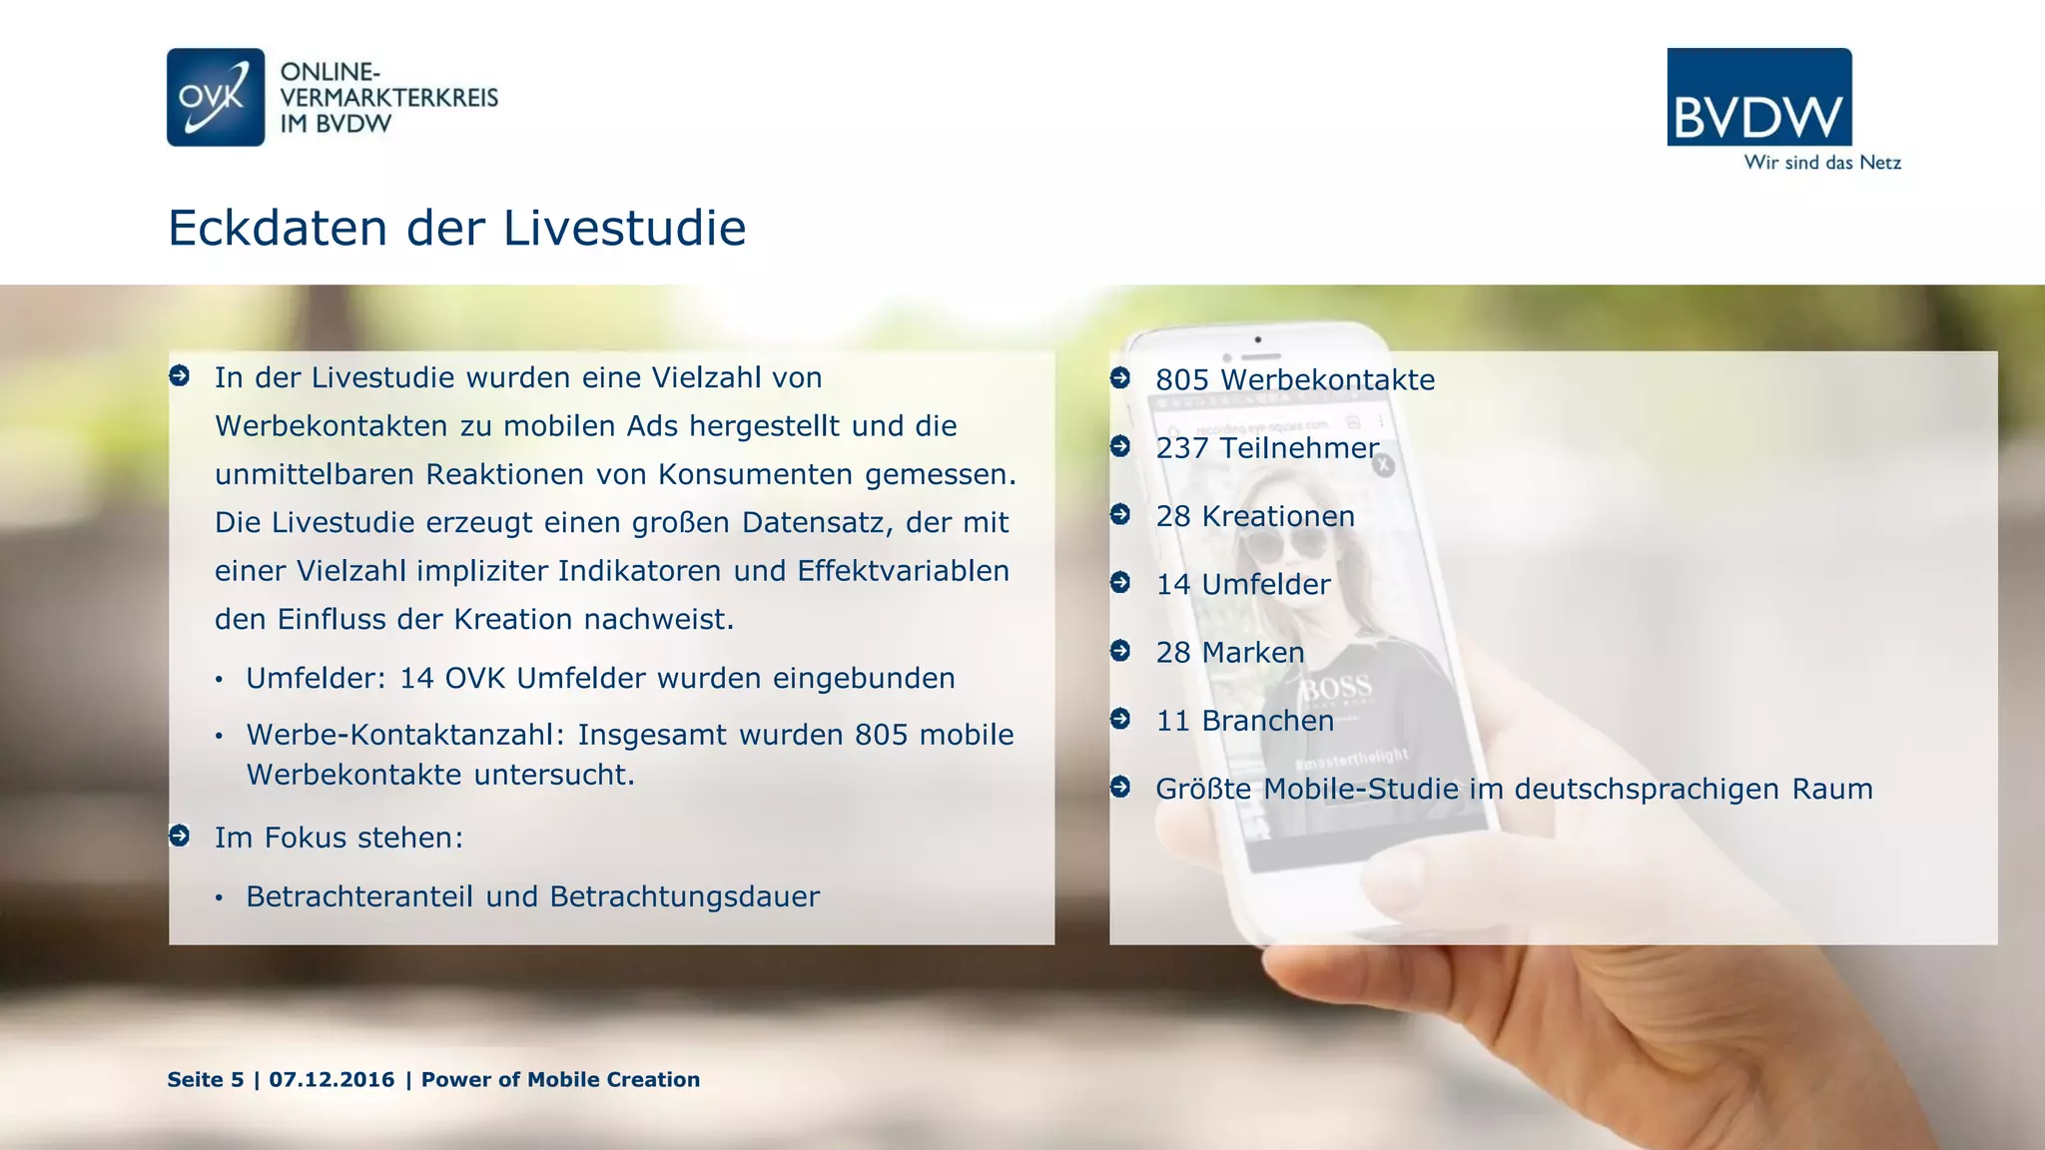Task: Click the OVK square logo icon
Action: tap(216, 97)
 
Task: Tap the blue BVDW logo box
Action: tap(1758, 97)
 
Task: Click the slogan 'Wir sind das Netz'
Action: tap(1822, 163)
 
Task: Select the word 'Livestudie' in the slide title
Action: tap(624, 228)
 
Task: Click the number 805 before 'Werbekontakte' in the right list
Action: tap(1182, 380)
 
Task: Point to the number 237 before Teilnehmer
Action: tap(1182, 448)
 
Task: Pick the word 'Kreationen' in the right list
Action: tap(1278, 516)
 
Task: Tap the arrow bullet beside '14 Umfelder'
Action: tap(1120, 582)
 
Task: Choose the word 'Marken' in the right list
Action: tap(1253, 653)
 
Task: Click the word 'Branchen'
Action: tap(1267, 721)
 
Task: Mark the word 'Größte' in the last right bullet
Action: tap(1203, 789)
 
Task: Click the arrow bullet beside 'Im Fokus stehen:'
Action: tap(180, 836)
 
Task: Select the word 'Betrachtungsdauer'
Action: tap(684, 896)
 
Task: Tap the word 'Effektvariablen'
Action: tap(903, 571)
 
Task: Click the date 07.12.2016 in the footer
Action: tap(332, 1079)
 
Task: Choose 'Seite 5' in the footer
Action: tap(206, 1079)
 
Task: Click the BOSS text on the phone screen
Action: tap(1335, 688)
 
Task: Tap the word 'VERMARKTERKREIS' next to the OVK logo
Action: tap(389, 98)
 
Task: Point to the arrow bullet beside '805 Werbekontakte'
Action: tap(1120, 378)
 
